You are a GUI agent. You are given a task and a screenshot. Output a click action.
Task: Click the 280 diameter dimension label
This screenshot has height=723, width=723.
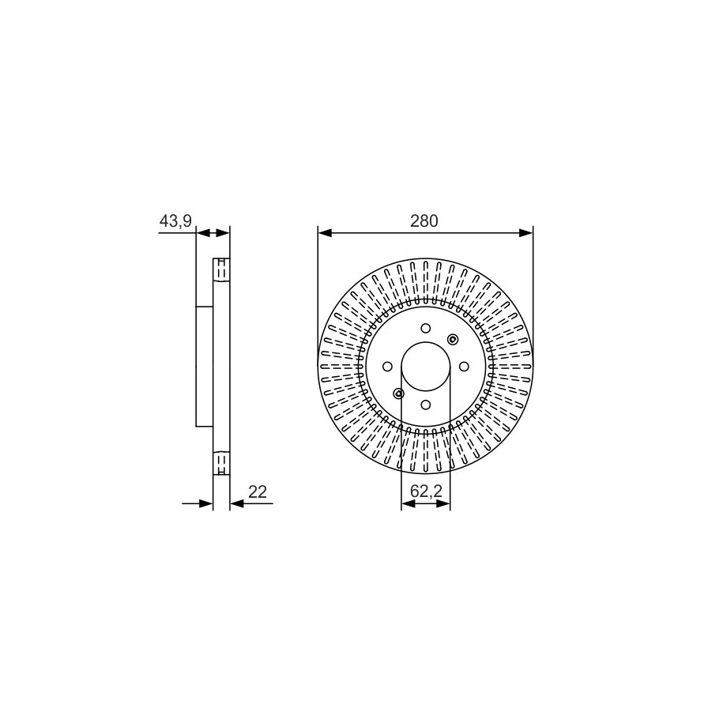(x=424, y=222)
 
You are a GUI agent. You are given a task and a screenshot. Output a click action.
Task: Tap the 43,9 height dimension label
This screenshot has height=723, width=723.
(x=175, y=222)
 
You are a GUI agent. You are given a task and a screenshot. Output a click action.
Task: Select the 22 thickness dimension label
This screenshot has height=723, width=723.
(x=258, y=492)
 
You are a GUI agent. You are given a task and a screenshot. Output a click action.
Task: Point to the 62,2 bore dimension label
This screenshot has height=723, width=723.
(x=426, y=491)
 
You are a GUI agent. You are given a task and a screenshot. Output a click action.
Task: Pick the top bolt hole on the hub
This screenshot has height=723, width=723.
(x=426, y=328)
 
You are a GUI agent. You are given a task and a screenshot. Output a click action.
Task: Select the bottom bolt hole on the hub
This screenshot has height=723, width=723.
(x=426, y=405)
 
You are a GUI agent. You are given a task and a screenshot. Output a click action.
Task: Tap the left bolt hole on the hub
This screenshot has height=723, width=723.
(x=387, y=367)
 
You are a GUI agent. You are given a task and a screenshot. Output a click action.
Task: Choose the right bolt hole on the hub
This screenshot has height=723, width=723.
(x=464, y=367)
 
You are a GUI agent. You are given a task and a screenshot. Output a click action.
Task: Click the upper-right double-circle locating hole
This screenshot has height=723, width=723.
(x=453, y=339)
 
